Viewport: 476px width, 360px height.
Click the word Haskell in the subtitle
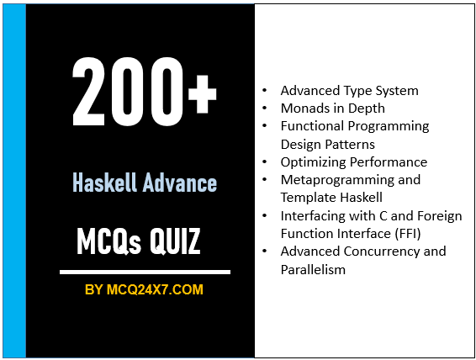click(x=103, y=183)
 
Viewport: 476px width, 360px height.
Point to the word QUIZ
click(x=172, y=241)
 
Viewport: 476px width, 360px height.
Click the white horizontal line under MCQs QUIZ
click(x=144, y=272)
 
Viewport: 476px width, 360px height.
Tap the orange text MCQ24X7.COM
click(x=155, y=290)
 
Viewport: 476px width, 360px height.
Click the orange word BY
click(x=94, y=290)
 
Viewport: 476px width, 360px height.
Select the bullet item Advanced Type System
click(x=349, y=90)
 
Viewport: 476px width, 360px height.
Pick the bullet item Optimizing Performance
click(x=353, y=161)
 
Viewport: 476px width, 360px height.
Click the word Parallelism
click(x=313, y=269)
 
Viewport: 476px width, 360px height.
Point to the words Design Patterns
click(x=329, y=144)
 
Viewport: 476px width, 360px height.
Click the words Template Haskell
click(x=327, y=198)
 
